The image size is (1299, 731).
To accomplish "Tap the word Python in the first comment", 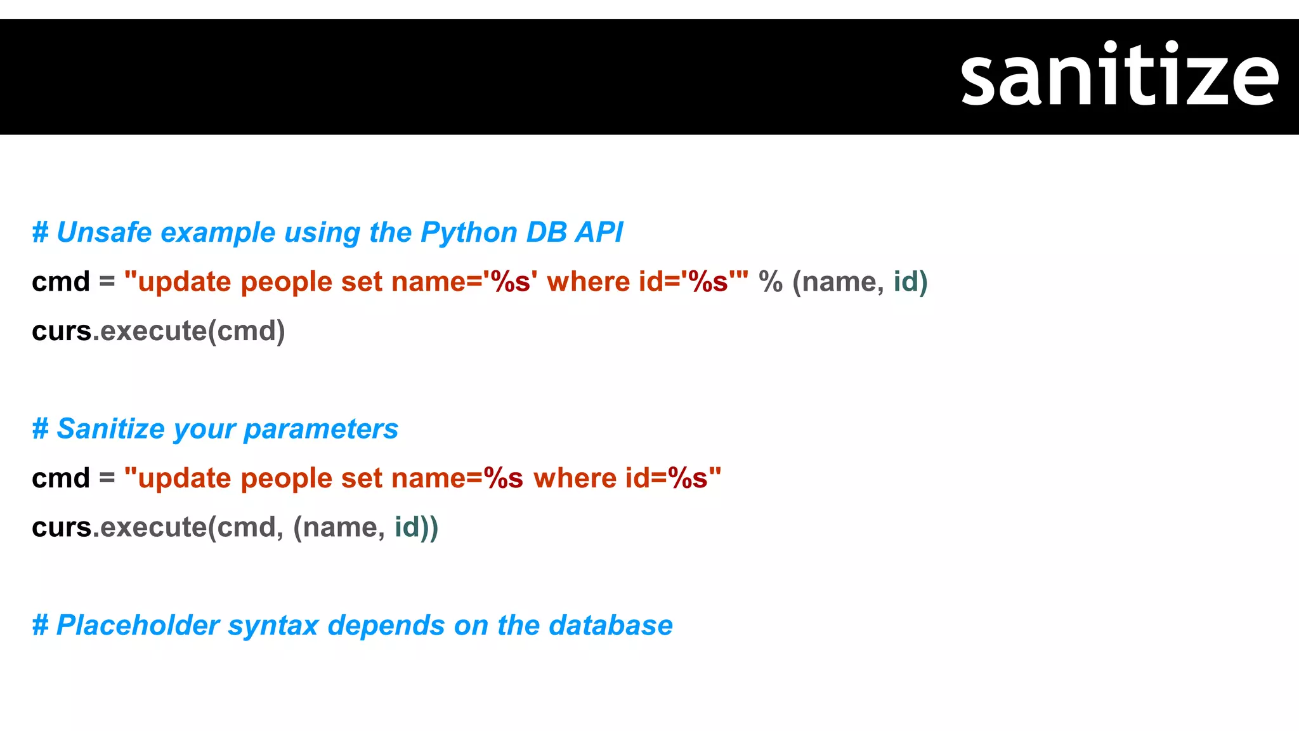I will coord(469,232).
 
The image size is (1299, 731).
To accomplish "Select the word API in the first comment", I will coord(599,232).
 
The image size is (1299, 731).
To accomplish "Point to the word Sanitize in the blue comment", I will coord(111,429).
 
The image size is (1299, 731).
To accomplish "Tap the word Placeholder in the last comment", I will coord(138,626).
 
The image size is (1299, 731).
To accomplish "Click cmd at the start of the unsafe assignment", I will coord(61,282).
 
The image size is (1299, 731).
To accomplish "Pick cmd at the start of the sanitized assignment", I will coord(61,478).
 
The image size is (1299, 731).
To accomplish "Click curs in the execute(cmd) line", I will coord(62,331).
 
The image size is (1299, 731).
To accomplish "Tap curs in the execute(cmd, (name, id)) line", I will coord(62,527).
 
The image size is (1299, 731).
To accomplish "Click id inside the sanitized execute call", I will coord(407,527).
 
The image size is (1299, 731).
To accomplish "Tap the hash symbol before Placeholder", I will coord(41,626).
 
